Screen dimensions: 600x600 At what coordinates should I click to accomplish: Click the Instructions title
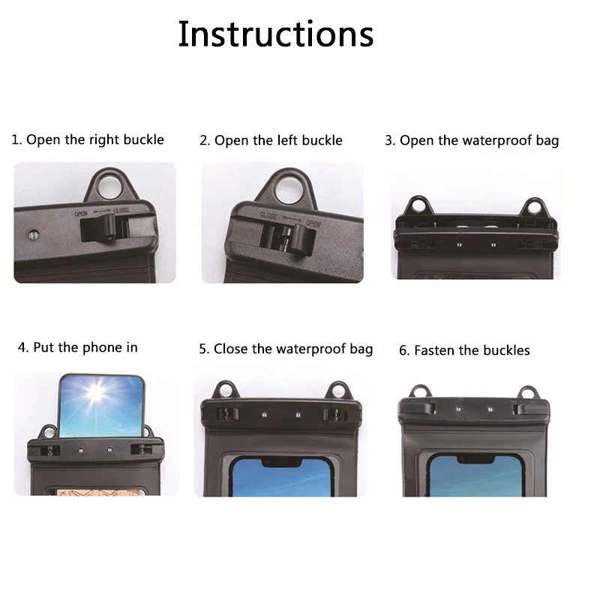tap(275, 34)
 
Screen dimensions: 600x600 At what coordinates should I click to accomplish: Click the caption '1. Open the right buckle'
tap(88, 139)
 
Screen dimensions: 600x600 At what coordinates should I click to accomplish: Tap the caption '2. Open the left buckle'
tap(271, 140)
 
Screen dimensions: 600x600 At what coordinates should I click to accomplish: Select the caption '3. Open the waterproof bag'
tap(472, 140)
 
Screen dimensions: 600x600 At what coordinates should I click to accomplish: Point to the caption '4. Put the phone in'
tap(78, 347)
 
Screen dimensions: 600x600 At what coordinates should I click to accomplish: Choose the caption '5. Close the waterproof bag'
tap(286, 349)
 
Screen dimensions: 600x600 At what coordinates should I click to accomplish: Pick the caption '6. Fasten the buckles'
tap(464, 350)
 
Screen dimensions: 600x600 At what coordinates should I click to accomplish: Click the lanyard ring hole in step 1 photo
tap(109, 187)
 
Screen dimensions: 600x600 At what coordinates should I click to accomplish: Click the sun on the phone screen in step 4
tap(96, 392)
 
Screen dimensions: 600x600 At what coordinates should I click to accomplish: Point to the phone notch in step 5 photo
tap(280, 462)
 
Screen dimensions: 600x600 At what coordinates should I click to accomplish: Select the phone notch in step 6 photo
tap(475, 459)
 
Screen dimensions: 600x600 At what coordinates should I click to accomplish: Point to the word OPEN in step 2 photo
tap(313, 223)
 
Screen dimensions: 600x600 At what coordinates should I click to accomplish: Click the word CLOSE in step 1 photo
tap(121, 211)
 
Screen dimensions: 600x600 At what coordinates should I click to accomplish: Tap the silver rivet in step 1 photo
tap(34, 235)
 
